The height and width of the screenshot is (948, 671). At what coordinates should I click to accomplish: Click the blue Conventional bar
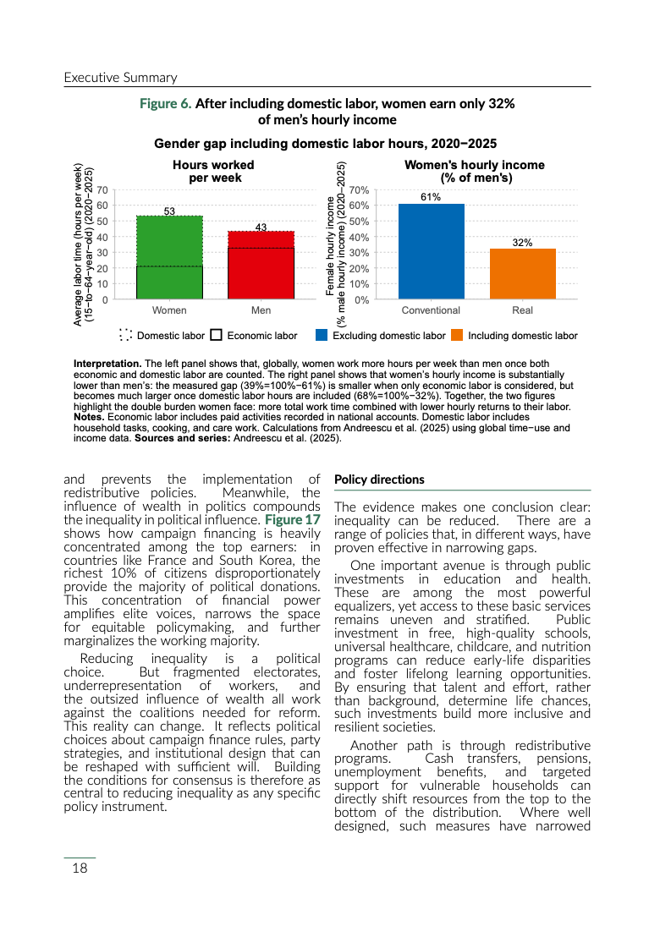(431, 251)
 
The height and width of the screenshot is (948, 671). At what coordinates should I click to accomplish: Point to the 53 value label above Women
(169, 211)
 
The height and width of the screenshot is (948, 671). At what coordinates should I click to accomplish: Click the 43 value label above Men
(261, 227)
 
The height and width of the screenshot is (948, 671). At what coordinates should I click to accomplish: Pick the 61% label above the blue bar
(431, 197)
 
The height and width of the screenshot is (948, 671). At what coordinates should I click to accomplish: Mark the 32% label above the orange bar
(522, 243)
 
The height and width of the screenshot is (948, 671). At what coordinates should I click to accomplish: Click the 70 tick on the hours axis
(102, 190)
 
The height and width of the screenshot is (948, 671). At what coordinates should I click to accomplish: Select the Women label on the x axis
(169, 310)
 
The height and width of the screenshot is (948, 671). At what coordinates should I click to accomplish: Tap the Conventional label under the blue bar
(431, 310)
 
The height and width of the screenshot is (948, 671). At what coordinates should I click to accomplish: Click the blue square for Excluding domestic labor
(322, 335)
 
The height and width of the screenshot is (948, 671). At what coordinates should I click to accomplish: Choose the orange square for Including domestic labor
(457, 335)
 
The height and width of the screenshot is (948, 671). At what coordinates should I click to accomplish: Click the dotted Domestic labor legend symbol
(126, 335)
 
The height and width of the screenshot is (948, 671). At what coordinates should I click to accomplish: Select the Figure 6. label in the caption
(165, 103)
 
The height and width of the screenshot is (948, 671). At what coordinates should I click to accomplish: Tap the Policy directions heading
(379, 479)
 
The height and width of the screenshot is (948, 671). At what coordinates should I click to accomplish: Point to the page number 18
(80, 868)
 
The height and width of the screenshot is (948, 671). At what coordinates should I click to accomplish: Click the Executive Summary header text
(120, 78)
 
